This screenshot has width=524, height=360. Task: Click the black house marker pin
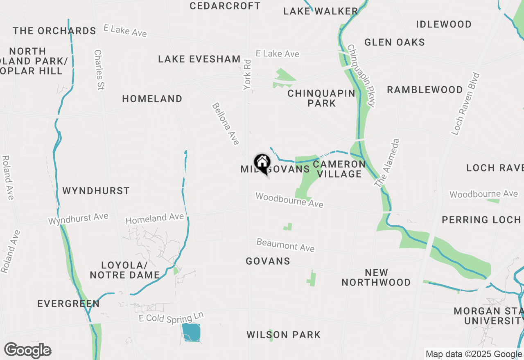click(262, 163)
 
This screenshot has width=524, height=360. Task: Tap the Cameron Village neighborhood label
click(339, 169)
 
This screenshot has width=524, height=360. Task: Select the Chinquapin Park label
click(321, 98)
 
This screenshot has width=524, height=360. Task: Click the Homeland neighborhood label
click(152, 99)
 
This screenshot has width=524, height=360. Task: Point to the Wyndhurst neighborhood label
click(96, 191)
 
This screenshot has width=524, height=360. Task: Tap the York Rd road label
click(247, 74)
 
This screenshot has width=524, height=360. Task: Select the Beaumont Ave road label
click(285, 245)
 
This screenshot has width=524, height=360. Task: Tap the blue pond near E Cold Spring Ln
click(191, 332)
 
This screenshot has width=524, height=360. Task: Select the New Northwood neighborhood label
click(376, 277)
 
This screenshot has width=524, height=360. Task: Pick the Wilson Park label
click(283, 335)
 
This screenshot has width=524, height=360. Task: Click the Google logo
click(27, 351)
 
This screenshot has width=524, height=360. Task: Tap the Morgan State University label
click(488, 316)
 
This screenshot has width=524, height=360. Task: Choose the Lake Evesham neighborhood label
click(199, 59)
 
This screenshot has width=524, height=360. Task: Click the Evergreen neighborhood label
click(68, 304)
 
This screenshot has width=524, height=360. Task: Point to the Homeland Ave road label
click(154, 218)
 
